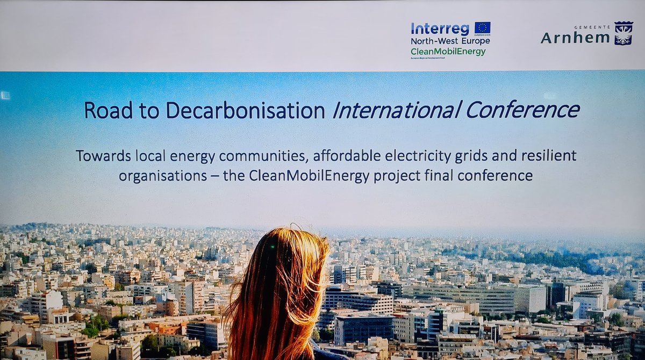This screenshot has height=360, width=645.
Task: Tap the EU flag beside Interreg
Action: click(482, 27)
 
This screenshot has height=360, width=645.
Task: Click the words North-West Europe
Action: click(450, 41)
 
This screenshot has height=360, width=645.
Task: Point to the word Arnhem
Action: click(575, 38)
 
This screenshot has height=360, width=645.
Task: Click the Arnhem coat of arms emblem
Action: click(623, 34)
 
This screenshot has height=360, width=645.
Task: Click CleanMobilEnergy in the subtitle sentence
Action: click(301, 176)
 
